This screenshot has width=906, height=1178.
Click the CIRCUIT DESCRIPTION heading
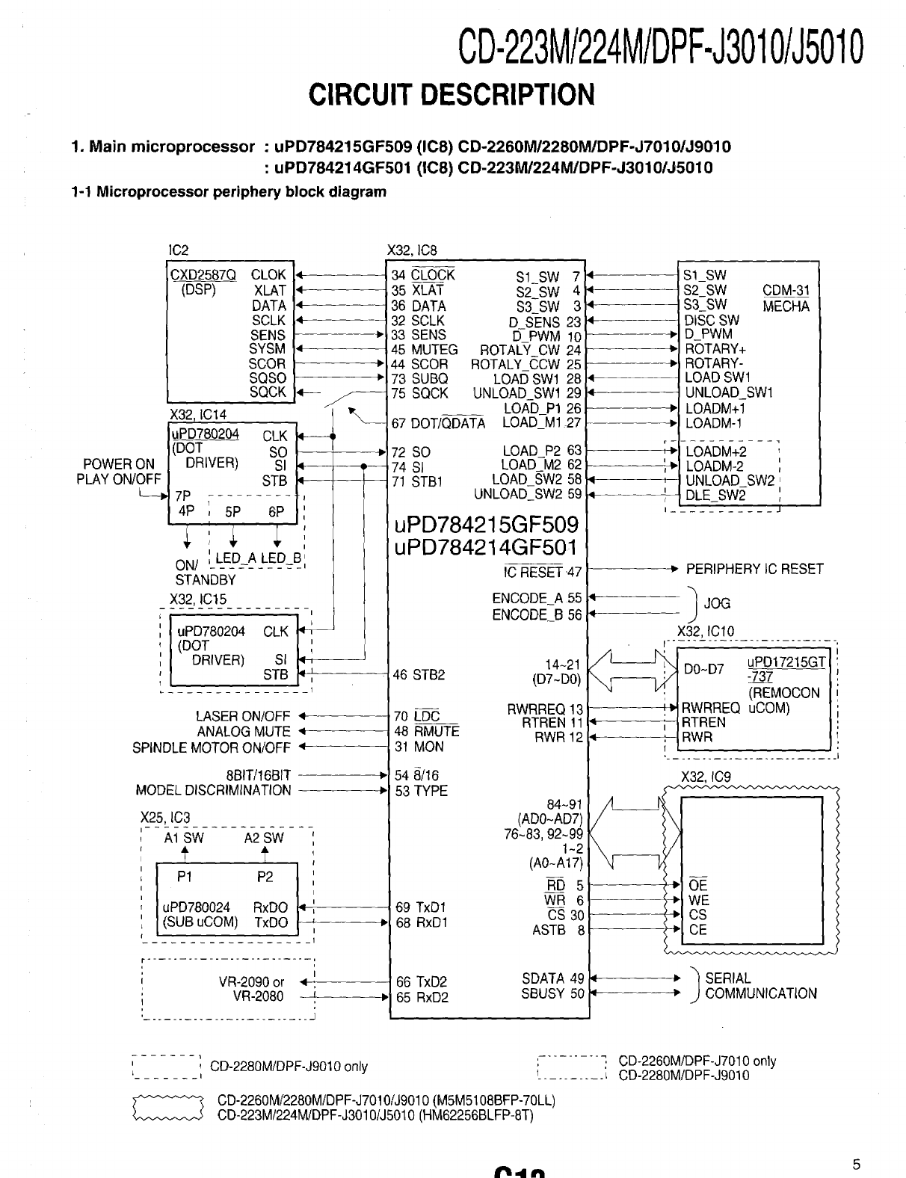coord(452,95)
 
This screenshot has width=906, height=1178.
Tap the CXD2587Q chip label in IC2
coord(203,275)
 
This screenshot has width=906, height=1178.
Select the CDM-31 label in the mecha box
coord(786,291)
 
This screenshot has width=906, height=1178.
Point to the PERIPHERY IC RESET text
coord(754,569)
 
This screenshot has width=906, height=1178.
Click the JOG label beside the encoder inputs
coord(717,603)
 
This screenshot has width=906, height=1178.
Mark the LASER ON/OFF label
coord(243,717)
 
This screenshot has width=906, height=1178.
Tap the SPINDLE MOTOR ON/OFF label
coord(212,747)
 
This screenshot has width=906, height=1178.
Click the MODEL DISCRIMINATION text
coord(214,790)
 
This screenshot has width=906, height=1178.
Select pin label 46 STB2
coord(419,675)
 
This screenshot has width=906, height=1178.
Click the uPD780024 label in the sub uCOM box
coord(196,907)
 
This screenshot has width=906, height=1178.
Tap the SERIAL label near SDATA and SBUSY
coord(728,978)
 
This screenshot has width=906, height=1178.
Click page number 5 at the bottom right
coord(857,1163)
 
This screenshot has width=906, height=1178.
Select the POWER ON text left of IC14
coord(119,464)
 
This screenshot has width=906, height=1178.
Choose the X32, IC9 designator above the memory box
coord(706,777)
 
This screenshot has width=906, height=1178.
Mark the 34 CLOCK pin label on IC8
coord(423,275)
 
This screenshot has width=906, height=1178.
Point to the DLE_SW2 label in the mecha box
coord(715,495)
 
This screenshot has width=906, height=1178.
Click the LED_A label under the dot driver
coord(235,558)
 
